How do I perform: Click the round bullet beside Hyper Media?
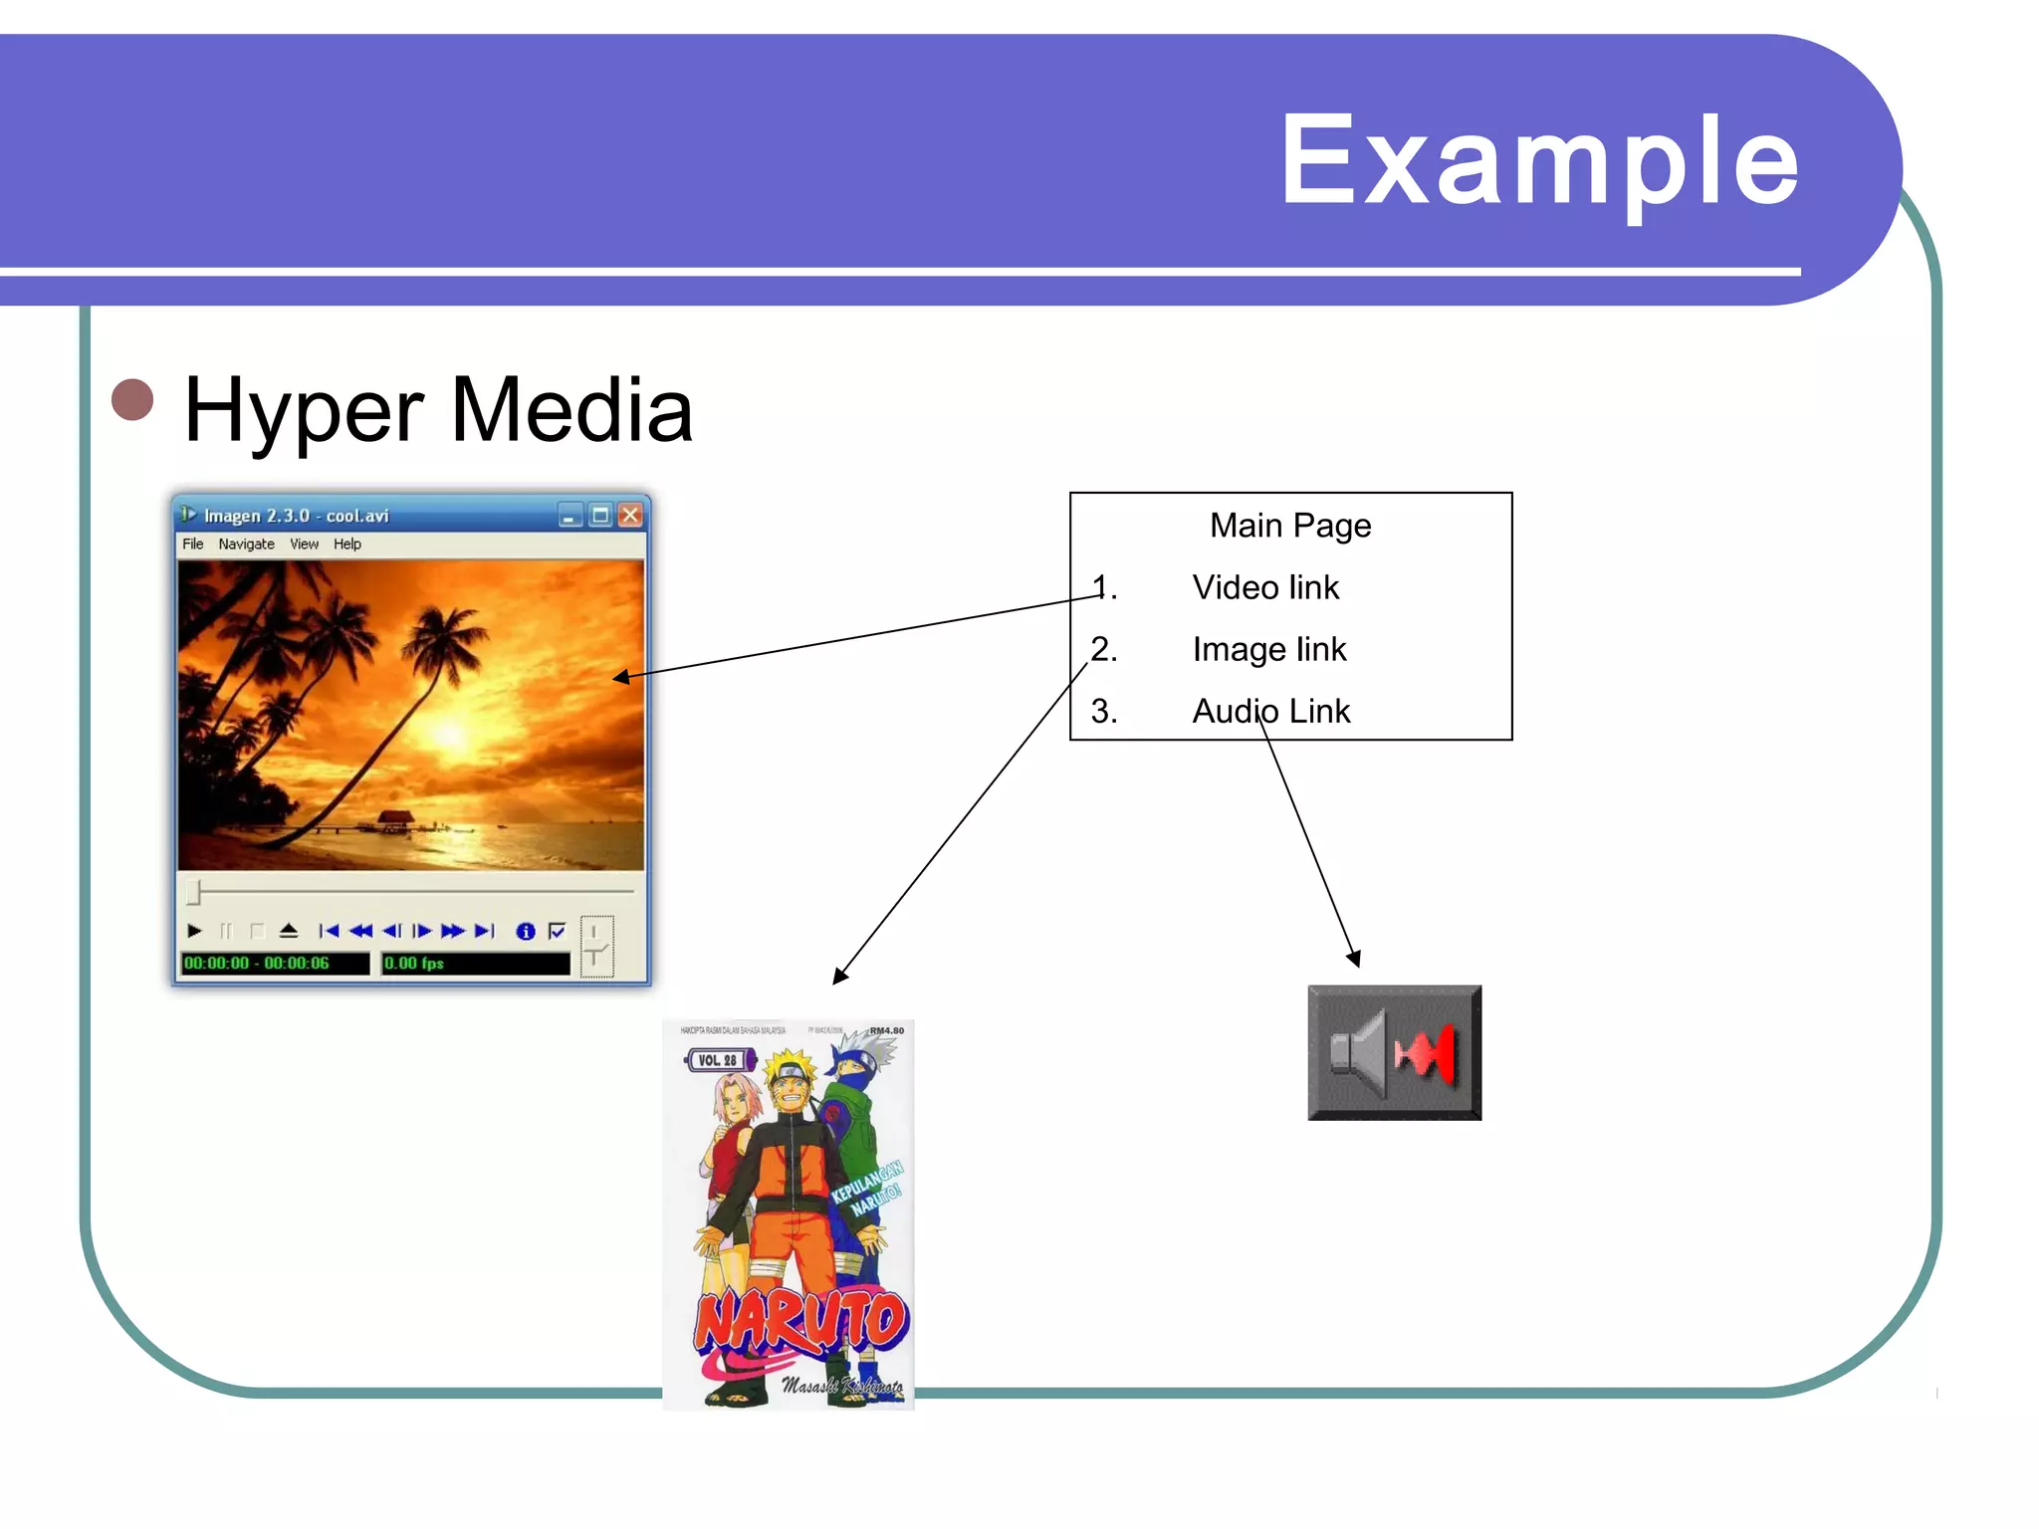pyautogui.click(x=132, y=400)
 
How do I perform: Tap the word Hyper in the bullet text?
pyautogui.click(x=304, y=411)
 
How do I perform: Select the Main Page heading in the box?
pyautogui.click(x=1290, y=526)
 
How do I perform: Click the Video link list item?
pyautogui.click(x=1265, y=588)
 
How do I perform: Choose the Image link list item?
pyautogui.click(x=1268, y=650)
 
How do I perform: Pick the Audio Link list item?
pyautogui.click(x=1270, y=712)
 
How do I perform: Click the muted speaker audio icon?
pyautogui.click(x=1394, y=1053)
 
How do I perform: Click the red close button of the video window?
pyautogui.click(x=630, y=515)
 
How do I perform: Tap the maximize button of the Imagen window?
pyautogui.click(x=599, y=515)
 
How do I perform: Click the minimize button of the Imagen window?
pyautogui.click(x=569, y=516)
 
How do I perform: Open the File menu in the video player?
pyautogui.click(x=192, y=545)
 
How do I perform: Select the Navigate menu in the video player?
pyautogui.click(x=246, y=545)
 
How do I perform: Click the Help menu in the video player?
pyautogui.click(x=347, y=545)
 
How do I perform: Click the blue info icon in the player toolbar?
pyautogui.click(x=526, y=932)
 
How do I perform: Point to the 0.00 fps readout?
pyautogui.click(x=414, y=964)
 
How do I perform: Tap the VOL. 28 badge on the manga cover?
pyautogui.click(x=717, y=1061)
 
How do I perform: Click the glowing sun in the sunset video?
pyautogui.click(x=450, y=735)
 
